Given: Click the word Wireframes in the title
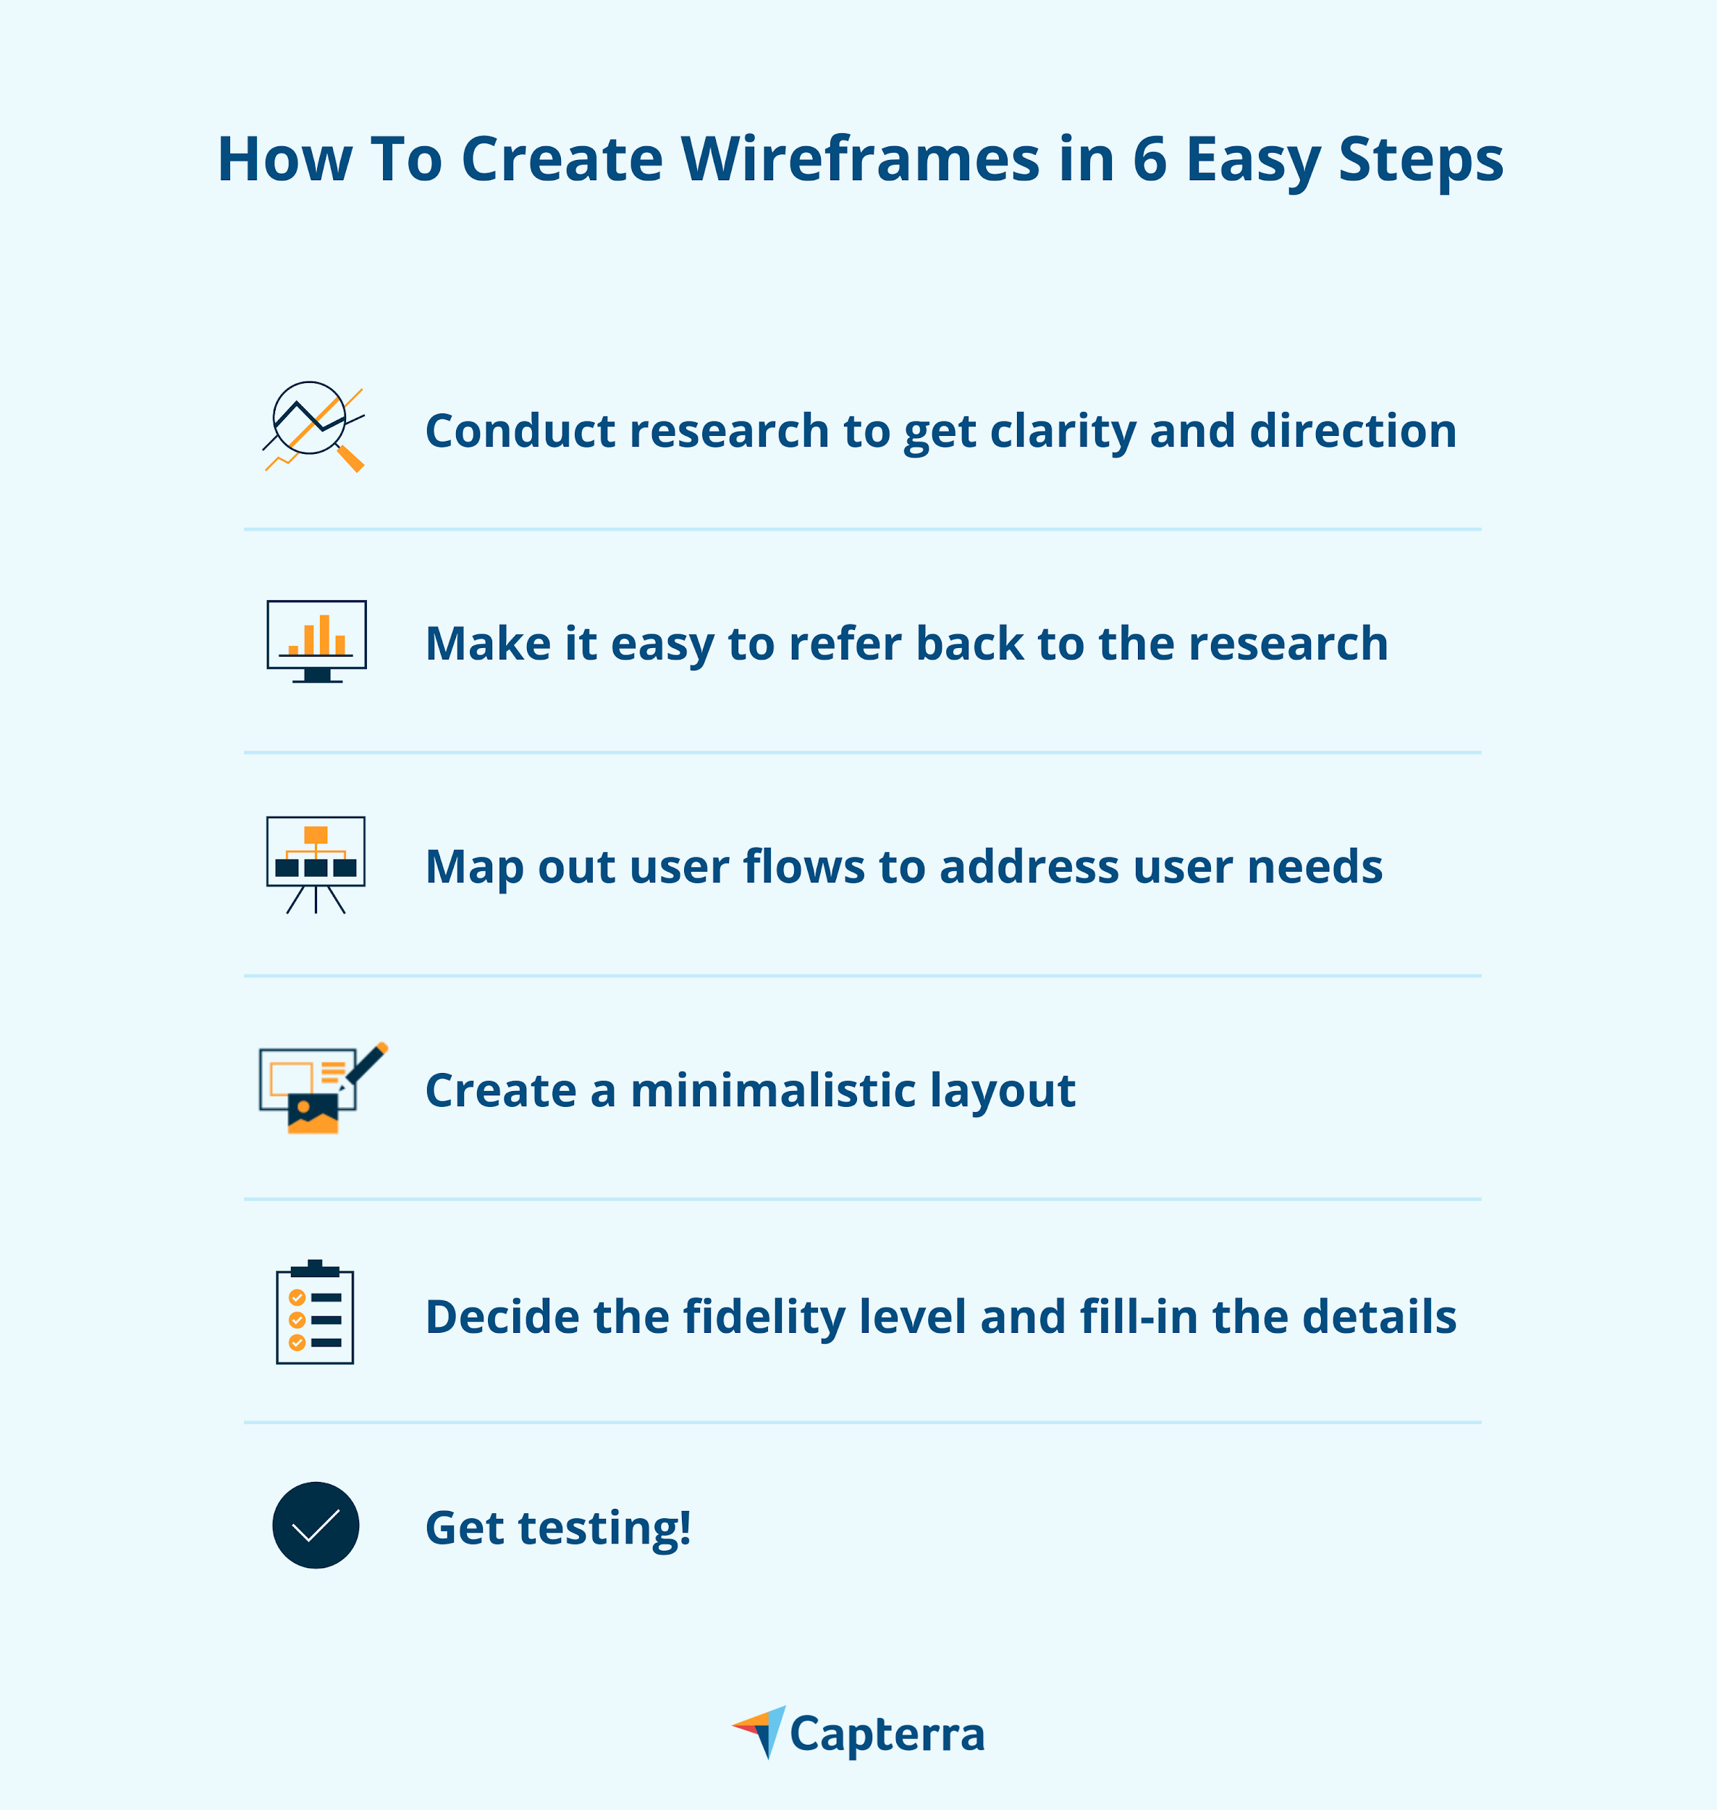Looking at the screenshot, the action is tap(861, 159).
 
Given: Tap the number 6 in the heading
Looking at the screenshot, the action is tap(1149, 159).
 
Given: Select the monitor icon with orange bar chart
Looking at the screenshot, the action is tap(316, 641).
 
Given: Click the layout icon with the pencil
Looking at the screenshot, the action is tap(323, 1087).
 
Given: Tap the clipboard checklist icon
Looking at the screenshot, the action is tap(315, 1312).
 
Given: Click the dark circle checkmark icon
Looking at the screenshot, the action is tap(316, 1525).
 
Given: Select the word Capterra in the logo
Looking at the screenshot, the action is tap(887, 1735).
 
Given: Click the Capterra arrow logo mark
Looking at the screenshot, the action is tap(759, 1731).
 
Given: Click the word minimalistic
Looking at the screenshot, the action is tap(773, 1090).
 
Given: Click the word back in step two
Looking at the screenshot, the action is tap(969, 643).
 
